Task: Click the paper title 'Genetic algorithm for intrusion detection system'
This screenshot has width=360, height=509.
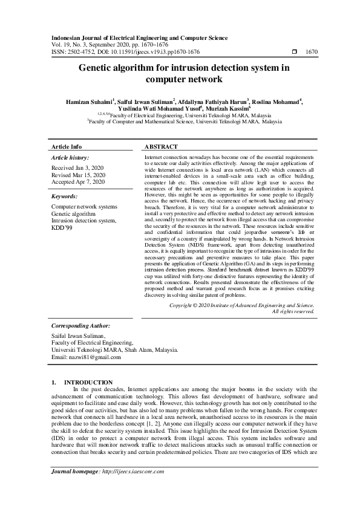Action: click(180, 68)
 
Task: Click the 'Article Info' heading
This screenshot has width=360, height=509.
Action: click(67, 147)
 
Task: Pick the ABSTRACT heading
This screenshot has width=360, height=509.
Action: click(162, 147)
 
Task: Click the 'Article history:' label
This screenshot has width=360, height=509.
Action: click(71, 157)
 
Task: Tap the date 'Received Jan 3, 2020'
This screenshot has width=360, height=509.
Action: click(78, 167)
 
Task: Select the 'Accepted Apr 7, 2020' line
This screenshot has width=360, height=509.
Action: click(79, 181)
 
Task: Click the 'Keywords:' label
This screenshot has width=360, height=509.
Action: click(64, 196)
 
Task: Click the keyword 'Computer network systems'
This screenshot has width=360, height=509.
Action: click(85, 207)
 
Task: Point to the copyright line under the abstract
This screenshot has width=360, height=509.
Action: click(241, 306)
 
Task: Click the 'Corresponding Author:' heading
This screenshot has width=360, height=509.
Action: click(80, 325)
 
